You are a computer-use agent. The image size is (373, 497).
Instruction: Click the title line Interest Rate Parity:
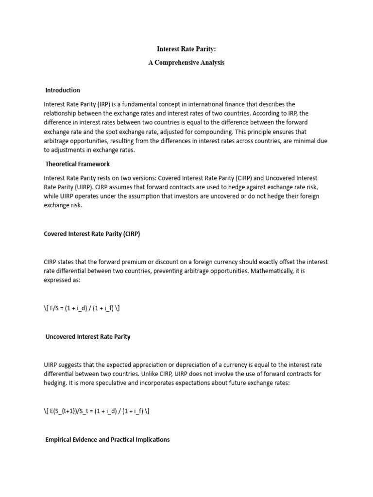[x=186, y=49]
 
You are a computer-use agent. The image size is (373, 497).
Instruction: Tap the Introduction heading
[x=63, y=90]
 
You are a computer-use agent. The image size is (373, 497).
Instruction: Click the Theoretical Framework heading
[x=78, y=164]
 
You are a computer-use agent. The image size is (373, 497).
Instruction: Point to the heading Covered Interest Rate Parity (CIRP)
[x=92, y=234]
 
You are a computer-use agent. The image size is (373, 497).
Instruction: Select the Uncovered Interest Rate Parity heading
[x=88, y=336]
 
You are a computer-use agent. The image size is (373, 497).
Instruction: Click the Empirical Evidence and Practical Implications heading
[x=107, y=439]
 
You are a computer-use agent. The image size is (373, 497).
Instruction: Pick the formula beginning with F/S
[x=82, y=308]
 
